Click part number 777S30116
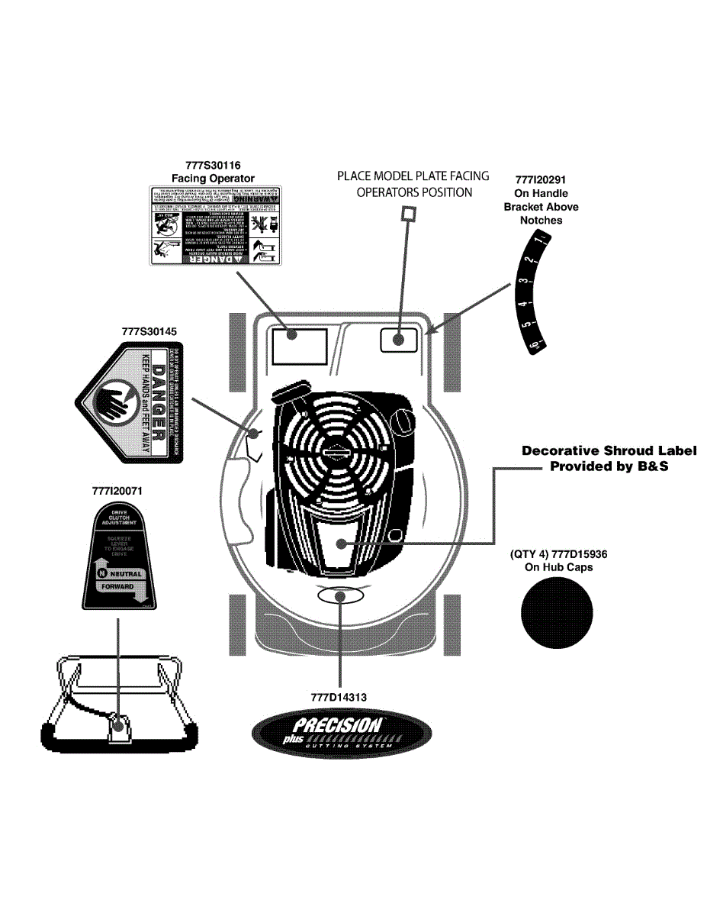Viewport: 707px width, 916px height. coord(213,165)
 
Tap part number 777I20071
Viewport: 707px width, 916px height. coord(117,492)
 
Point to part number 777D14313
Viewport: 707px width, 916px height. coord(339,697)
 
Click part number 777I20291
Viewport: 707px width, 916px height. coord(541,180)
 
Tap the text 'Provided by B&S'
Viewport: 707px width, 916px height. coord(609,466)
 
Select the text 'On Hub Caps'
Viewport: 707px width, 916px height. coord(558,567)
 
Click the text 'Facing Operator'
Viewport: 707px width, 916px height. coord(213,179)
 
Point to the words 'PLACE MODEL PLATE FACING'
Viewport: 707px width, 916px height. coord(413,176)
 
